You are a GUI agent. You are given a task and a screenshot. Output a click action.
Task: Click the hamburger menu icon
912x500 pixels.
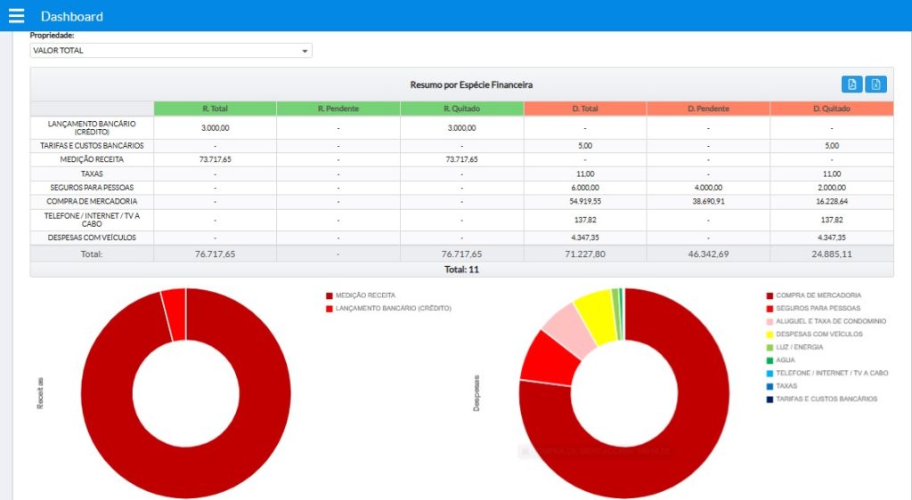[16, 16]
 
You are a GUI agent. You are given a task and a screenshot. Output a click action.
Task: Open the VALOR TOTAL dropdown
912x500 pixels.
[171, 51]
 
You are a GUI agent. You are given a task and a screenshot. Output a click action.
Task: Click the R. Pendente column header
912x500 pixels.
[338, 109]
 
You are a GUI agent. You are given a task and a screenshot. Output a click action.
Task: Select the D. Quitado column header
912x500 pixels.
[831, 109]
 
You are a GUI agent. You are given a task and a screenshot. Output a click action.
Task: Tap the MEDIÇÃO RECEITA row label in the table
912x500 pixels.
[92, 159]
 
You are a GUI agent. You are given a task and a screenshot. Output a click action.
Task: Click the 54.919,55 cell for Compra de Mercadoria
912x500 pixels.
[584, 202]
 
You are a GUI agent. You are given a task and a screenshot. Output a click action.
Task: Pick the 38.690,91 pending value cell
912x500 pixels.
[708, 202]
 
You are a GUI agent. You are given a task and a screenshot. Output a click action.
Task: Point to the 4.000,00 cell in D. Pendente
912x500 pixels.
[708, 188]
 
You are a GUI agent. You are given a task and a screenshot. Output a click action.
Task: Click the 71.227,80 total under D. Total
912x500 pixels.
[584, 254]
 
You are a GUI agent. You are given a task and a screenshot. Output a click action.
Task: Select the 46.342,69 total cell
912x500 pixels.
[708, 254]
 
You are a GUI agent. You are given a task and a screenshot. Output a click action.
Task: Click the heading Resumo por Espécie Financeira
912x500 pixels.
[471, 85]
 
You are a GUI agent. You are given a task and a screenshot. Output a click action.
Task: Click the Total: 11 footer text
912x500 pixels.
[461, 269]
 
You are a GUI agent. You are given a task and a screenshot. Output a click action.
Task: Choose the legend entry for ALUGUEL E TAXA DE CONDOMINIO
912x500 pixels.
[831, 321]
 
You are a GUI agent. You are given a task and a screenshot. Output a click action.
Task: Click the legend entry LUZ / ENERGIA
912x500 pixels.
[799, 347]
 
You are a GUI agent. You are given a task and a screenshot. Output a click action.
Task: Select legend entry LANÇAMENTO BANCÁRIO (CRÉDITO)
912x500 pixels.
[393, 308]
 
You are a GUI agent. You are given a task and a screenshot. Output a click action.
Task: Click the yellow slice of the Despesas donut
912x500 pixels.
[594, 316]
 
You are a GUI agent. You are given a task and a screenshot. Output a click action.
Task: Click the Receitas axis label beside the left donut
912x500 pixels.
[40, 392]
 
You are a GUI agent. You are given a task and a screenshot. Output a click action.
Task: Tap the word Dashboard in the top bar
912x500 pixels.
[71, 16]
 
